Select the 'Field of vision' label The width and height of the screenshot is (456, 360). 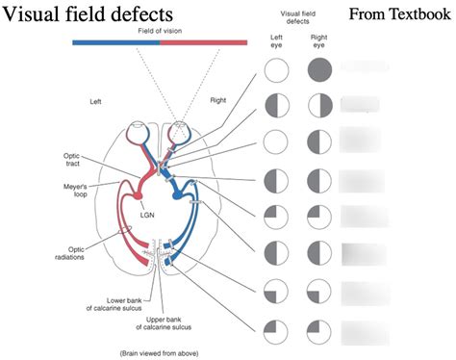click(x=159, y=31)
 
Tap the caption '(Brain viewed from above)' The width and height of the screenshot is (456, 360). click(x=158, y=353)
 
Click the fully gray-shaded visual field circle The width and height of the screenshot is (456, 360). click(x=319, y=70)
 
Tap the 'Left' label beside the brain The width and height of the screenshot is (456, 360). click(x=95, y=101)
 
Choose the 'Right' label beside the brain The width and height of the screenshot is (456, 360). click(x=218, y=100)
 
